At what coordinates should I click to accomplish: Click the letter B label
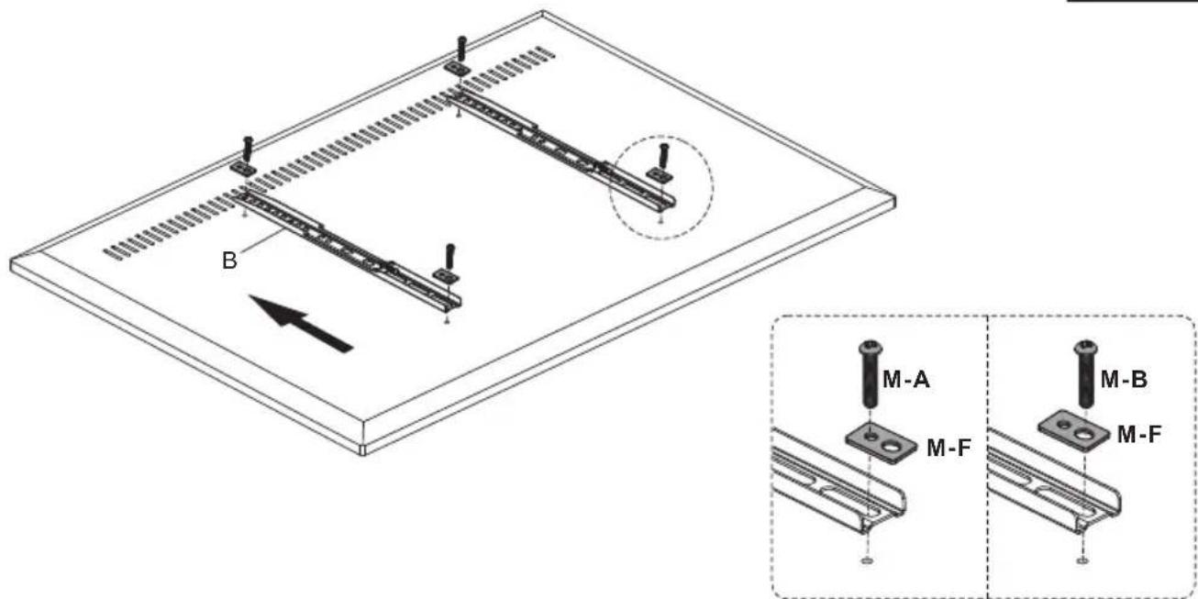coord(229,261)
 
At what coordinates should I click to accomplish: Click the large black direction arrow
coord(301,324)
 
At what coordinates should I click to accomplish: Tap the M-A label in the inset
coord(906,380)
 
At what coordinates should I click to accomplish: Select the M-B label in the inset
coord(1124,379)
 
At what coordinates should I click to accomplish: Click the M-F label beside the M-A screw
coord(948,448)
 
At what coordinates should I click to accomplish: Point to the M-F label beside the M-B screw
coord(1139,434)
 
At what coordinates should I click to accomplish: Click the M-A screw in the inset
coord(871,374)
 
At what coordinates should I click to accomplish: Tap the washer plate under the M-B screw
coord(1075,430)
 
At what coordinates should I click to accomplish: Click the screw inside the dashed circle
coord(664,155)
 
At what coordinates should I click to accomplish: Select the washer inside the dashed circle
coord(659,173)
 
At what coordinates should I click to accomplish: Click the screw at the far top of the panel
coord(461,48)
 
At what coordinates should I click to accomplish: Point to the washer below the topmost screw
coord(457,68)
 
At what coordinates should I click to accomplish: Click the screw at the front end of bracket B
coord(449,256)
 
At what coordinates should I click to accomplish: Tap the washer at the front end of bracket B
coord(446,275)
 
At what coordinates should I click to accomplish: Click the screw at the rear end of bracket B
coord(247,149)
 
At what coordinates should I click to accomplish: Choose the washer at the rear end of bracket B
coord(243,169)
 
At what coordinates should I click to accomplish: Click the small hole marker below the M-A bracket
coord(868,560)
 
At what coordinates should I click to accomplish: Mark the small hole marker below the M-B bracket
coord(1082,560)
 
